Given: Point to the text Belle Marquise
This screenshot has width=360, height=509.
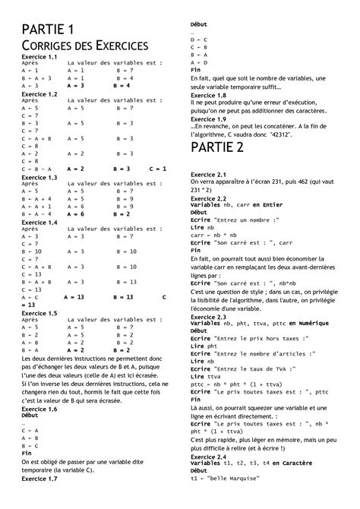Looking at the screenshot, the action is pos(242,478).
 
